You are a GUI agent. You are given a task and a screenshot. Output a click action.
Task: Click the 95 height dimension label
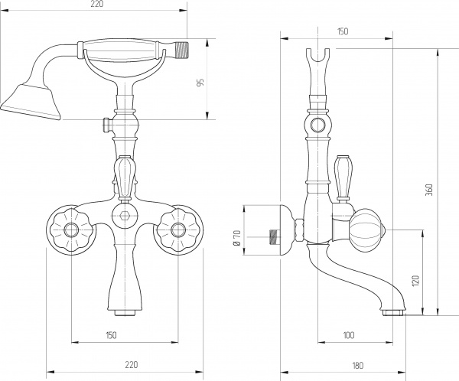[200, 83]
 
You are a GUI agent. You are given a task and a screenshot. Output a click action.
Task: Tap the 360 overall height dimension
[429, 190]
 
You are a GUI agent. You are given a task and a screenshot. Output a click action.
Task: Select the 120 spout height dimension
[416, 281]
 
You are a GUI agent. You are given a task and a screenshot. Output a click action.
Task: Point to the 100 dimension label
[348, 335]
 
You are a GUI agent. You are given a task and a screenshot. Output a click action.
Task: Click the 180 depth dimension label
[358, 365]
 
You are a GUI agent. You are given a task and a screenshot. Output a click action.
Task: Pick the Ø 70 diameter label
[237, 238]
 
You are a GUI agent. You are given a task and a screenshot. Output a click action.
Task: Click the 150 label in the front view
[111, 335]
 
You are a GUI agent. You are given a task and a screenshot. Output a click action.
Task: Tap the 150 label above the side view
[343, 31]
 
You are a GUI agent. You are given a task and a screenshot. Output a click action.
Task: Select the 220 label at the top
[97, 4]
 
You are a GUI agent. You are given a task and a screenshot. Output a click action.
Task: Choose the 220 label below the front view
[131, 365]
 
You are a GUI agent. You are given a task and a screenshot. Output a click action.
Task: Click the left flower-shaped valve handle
[71, 230]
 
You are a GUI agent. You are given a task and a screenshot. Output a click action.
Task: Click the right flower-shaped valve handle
[178, 230]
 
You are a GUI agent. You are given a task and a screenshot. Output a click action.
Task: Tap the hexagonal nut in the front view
[125, 216]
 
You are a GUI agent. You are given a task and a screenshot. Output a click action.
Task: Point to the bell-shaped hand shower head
[31, 102]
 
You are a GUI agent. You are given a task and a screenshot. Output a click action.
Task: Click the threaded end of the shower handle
[181, 50]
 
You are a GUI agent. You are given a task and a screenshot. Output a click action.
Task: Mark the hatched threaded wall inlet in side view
[275, 236]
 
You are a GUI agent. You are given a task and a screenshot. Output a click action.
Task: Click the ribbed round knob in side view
[369, 230]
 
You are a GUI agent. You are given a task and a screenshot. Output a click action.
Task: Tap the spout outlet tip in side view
[394, 313]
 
